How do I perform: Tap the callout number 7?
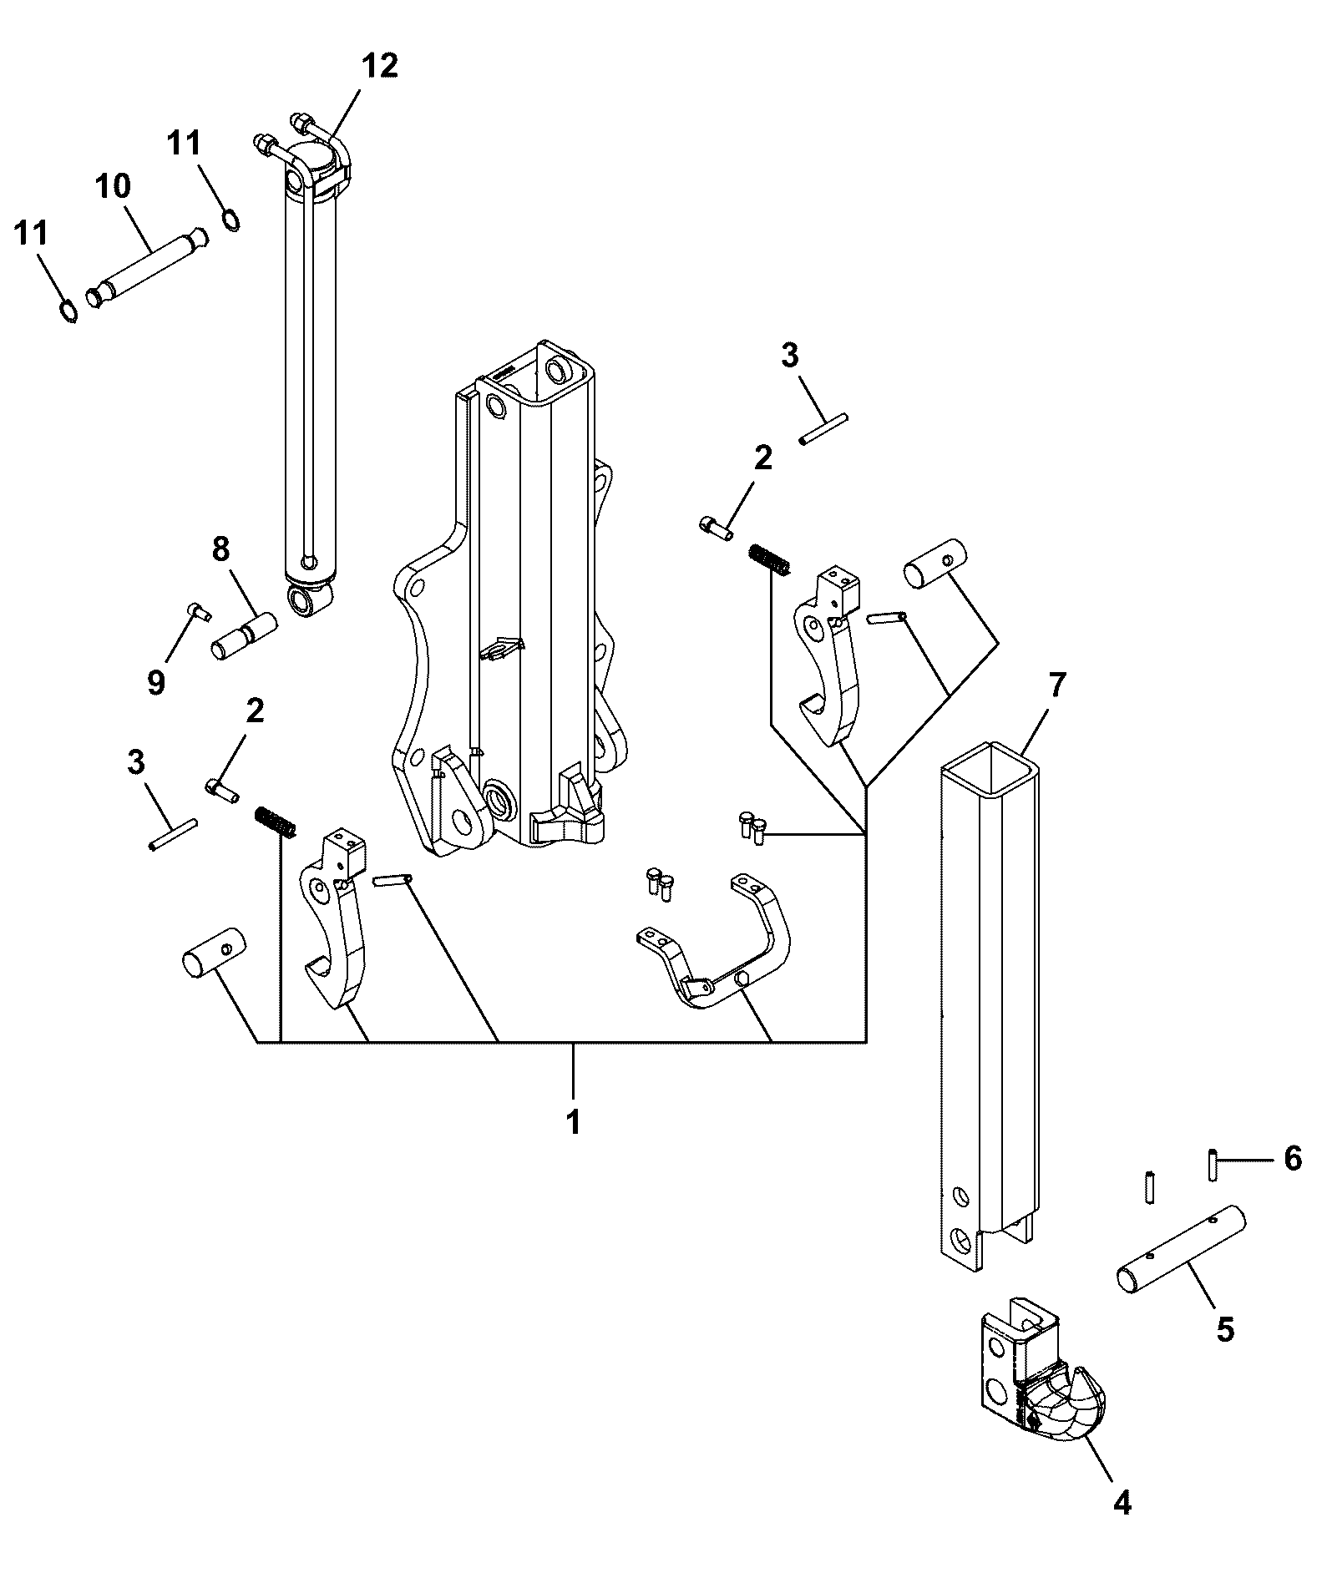(1056, 685)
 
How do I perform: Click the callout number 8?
(220, 550)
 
